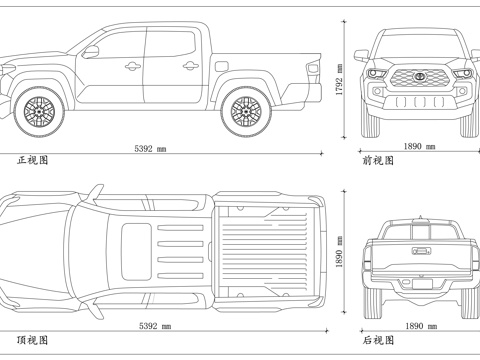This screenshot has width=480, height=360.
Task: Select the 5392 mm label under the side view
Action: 151,148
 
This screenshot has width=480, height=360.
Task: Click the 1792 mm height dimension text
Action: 340,84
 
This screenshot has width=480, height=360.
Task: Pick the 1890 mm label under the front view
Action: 418,146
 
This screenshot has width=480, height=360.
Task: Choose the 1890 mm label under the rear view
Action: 418,326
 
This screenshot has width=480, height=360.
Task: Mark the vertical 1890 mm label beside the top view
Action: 340,261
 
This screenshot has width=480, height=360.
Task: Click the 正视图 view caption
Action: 32,160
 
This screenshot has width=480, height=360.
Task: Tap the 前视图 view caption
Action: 377,160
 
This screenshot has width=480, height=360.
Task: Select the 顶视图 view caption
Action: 32,340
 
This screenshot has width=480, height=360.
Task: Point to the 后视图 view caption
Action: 377,340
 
